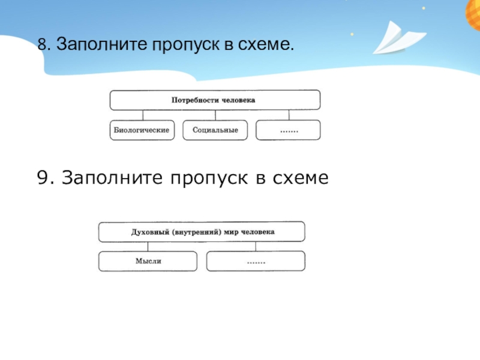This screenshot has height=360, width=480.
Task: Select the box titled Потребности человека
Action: point(214,100)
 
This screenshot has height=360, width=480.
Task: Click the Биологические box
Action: point(142,130)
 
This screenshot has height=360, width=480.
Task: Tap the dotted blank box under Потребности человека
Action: point(288,130)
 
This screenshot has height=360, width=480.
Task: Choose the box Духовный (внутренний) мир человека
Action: point(202,231)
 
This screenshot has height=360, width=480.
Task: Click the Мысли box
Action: point(148,261)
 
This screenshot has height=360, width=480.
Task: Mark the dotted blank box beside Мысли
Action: point(256,261)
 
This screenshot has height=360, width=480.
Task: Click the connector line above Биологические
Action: point(142,115)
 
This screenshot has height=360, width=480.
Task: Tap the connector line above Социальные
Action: point(215,115)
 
